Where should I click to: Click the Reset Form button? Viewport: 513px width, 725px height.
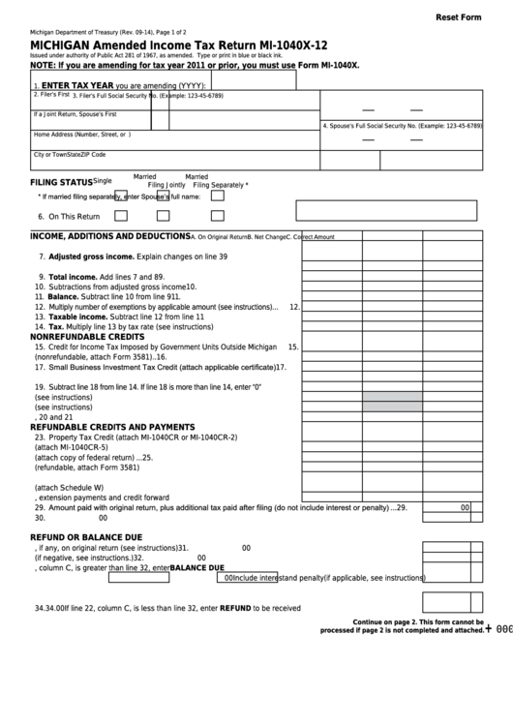pos(458,17)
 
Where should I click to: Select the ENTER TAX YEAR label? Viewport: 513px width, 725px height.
pos(74,85)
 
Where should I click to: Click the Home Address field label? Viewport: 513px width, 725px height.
pos(81,135)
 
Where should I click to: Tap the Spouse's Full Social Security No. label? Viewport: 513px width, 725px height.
pos(403,126)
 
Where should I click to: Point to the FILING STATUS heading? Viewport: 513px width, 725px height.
pos(61,182)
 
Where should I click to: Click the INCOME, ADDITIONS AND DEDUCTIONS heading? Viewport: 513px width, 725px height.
pos(109,236)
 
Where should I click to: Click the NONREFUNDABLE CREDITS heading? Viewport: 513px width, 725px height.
pos(93,337)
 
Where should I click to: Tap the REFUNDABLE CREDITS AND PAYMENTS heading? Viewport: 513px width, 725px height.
pos(112,427)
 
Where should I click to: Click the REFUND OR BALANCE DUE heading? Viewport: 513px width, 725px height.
pos(86,536)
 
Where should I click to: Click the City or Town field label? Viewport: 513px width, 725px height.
pos(69,155)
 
